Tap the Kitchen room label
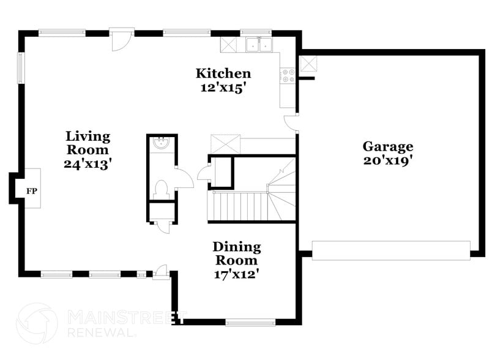[x=223, y=73]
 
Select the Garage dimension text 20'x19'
[x=388, y=160]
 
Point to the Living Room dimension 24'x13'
[x=87, y=163]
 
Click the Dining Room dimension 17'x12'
[x=236, y=274]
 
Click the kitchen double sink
[x=259, y=44]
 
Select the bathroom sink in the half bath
[x=162, y=144]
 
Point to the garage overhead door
[x=390, y=250]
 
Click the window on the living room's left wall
[x=20, y=67]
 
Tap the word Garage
[x=388, y=146]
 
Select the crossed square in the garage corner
[x=308, y=62]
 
